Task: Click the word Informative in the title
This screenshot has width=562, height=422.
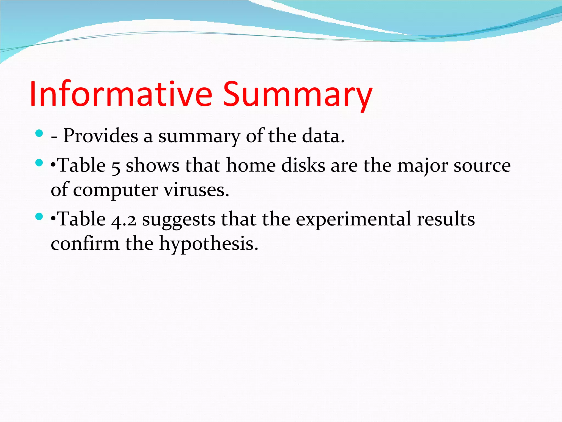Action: click(121, 94)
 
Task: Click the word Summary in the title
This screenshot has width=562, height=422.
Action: click(297, 94)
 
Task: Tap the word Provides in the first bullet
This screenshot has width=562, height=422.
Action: click(101, 136)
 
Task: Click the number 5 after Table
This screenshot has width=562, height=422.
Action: click(116, 166)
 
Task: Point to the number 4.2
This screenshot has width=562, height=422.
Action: click(124, 220)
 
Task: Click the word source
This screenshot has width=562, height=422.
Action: click(482, 166)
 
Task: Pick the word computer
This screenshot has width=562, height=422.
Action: click(115, 190)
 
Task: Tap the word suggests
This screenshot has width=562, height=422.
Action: click(179, 220)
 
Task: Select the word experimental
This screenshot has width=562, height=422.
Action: click(353, 220)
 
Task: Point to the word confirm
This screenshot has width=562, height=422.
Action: click(85, 243)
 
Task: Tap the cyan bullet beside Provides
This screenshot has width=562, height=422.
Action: click(40, 134)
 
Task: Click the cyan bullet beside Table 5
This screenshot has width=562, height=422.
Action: click(40, 163)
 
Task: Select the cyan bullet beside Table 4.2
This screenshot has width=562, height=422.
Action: click(40, 217)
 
